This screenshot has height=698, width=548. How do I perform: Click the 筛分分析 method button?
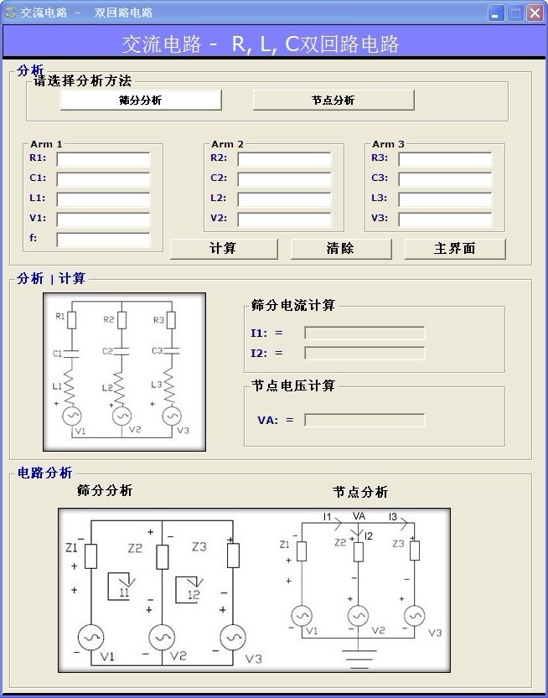point(141,100)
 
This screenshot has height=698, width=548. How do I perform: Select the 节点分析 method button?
point(333,100)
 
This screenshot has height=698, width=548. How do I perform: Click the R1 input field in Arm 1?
point(103,159)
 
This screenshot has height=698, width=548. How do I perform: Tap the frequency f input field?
point(103,240)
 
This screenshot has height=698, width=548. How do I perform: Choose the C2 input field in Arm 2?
point(284,179)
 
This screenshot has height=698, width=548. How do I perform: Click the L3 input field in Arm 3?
point(445,199)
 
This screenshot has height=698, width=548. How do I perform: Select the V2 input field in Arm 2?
point(284,220)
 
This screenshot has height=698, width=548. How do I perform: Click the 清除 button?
point(340,249)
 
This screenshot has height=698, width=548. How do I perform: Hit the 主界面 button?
point(455,249)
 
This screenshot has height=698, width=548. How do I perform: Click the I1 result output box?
point(364,333)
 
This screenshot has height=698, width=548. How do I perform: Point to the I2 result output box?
point(364,354)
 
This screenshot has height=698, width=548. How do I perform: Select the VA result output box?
point(364,421)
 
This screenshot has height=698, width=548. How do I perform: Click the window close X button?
point(535,13)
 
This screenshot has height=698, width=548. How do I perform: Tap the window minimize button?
point(496,13)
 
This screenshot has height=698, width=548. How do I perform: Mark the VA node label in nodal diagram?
point(359,516)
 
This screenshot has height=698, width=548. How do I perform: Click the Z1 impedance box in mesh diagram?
point(90,555)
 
